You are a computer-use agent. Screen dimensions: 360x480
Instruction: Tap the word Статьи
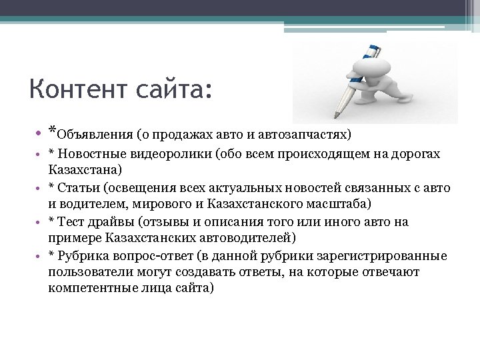pyautogui.click(x=78, y=189)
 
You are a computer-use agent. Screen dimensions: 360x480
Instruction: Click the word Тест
pyautogui.click(x=72, y=223)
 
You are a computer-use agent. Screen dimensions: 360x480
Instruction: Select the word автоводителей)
pyautogui.click(x=254, y=237)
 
